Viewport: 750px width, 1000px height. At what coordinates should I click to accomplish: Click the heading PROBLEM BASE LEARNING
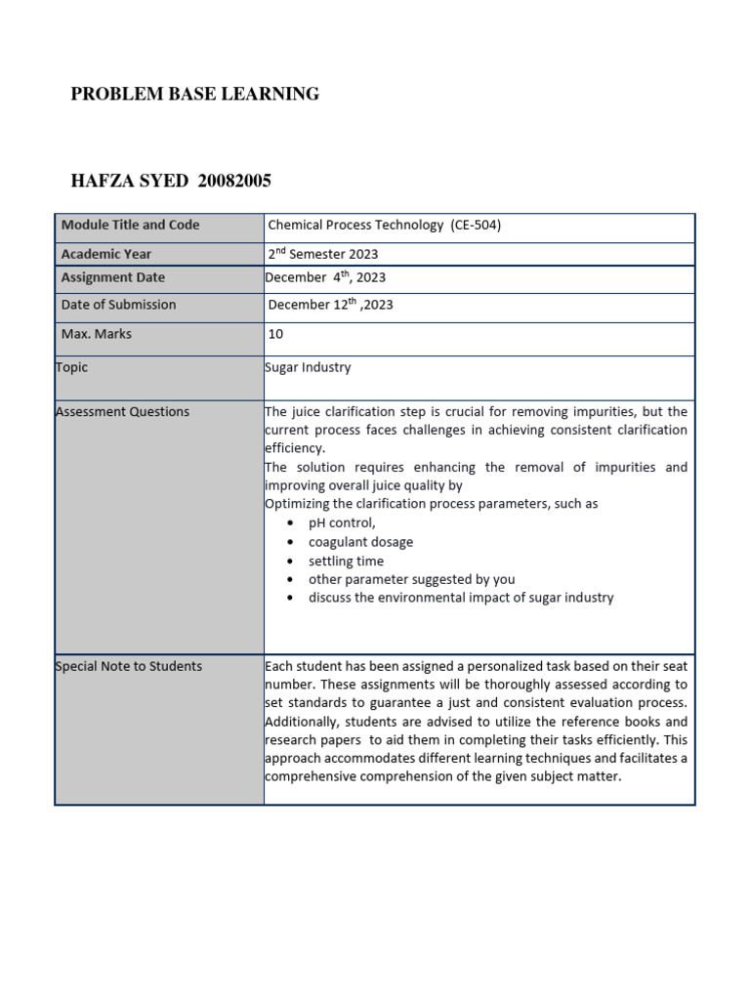[x=195, y=95]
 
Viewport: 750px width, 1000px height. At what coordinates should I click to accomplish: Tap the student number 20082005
[x=234, y=181]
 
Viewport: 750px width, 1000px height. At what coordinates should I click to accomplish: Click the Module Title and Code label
[x=130, y=225]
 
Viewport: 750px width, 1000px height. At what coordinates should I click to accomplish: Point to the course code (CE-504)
[x=476, y=225]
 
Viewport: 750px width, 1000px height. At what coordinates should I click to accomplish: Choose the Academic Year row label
[x=105, y=253]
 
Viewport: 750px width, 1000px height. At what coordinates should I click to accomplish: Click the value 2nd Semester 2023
[x=323, y=253]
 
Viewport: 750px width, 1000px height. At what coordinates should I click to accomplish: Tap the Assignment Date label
[x=113, y=277]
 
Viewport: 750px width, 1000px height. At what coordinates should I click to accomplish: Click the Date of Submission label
[x=119, y=305]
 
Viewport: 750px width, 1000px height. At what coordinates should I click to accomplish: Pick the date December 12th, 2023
[x=330, y=305]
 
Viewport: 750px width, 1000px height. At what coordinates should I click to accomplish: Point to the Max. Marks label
[x=97, y=334]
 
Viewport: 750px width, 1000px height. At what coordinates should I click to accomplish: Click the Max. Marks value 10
[x=275, y=334]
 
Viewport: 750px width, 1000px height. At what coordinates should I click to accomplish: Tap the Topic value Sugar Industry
[x=308, y=367]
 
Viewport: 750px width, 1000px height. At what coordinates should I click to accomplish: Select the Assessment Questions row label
[x=123, y=411]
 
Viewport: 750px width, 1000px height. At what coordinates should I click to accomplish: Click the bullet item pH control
[x=342, y=523]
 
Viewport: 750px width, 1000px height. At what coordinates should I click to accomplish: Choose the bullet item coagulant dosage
[x=360, y=542]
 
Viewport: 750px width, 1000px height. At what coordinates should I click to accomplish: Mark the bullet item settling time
[x=346, y=561]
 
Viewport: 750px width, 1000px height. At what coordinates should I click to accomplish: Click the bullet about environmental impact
[x=461, y=598]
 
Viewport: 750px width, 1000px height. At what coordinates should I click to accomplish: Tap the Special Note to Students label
[x=129, y=666]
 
